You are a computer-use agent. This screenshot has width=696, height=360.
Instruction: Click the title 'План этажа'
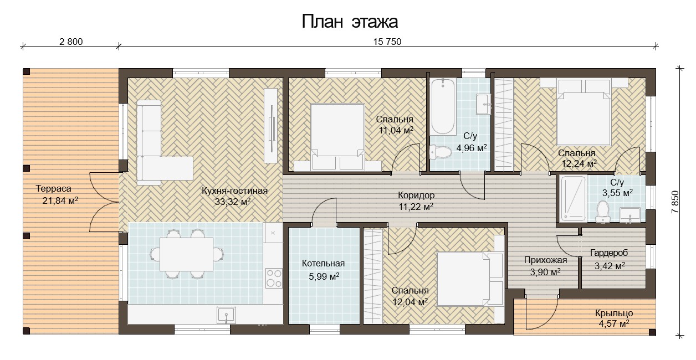[x=350, y=22]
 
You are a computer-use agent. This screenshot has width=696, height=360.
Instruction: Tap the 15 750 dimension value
[x=387, y=42]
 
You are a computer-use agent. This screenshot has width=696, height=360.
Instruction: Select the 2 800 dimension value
[x=71, y=42]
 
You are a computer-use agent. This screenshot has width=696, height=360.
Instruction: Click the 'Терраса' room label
[x=53, y=188]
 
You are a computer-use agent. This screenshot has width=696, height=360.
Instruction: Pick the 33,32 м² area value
[x=233, y=202]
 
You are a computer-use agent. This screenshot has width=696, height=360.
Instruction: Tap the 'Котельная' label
[x=324, y=264]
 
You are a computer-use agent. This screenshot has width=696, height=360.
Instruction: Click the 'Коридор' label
[x=416, y=196]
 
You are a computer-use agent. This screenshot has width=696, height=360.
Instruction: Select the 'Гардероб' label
[x=609, y=253]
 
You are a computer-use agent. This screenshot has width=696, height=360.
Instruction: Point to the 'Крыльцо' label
[x=614, y=313]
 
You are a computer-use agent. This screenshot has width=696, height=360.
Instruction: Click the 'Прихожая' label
[x=546, y=260]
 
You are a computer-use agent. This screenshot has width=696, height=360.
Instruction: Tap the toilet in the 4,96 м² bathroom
[x=441, y=152]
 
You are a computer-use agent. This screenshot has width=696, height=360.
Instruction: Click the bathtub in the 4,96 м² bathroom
[x=443, y=106]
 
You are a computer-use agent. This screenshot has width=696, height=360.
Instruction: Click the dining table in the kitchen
[x=186, y=254]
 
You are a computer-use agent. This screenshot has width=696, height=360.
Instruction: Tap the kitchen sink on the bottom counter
[x=227, y=315]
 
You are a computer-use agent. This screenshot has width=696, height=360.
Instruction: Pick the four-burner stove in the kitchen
[x=274, y=278]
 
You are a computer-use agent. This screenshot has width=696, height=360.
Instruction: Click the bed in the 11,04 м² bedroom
[x=337, y=137]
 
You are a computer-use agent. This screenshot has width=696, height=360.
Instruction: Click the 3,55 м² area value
[x=617, y=193]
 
